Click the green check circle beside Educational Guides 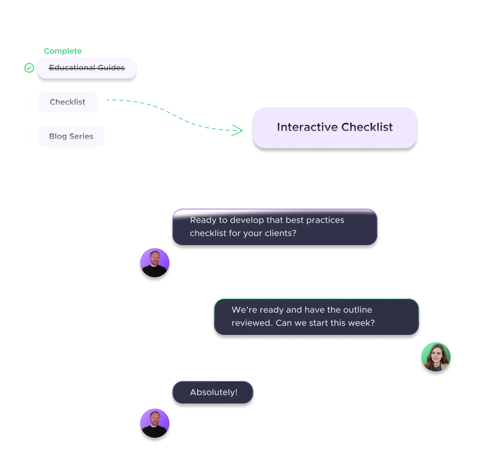29,67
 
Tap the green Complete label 62,51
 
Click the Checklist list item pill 68,102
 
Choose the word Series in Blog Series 81,136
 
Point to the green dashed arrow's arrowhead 239,130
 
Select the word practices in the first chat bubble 325,220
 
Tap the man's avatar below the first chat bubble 154,263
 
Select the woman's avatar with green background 436,357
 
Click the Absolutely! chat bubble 213,392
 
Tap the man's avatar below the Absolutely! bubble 154,423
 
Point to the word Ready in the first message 203,220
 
